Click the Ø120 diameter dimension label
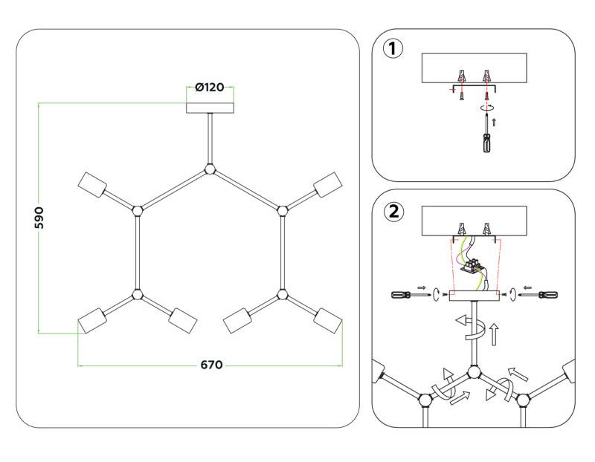210,88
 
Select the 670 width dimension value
210,365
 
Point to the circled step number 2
393,211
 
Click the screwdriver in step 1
487,136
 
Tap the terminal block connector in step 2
472,264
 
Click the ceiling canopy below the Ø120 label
210,106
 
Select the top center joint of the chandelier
210,170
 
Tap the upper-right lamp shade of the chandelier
328,183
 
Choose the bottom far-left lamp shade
92,323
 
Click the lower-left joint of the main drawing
137,295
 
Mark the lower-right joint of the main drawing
282,295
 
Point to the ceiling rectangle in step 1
474,68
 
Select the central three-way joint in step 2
472,374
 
